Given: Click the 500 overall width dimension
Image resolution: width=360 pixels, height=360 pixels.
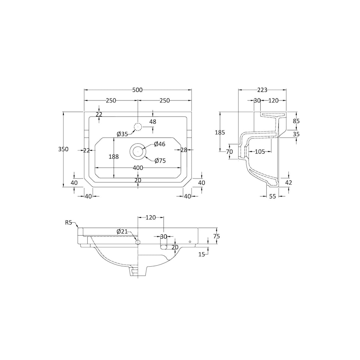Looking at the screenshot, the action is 138,90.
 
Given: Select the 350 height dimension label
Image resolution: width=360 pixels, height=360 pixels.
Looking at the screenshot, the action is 63,149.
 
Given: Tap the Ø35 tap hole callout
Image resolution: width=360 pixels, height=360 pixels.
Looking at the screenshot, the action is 122,134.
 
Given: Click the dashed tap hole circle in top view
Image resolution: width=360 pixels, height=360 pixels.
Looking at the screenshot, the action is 138,127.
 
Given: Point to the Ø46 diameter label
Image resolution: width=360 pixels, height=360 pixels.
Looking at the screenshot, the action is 160,144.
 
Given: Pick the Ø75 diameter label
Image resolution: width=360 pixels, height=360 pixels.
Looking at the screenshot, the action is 160,161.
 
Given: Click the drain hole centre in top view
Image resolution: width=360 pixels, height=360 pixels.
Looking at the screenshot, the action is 138,151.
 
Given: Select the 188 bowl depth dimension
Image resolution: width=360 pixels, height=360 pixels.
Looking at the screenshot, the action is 114,157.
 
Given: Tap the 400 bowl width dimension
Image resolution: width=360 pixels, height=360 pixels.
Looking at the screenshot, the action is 138,168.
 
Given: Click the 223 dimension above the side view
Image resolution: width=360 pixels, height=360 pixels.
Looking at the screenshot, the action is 262,90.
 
